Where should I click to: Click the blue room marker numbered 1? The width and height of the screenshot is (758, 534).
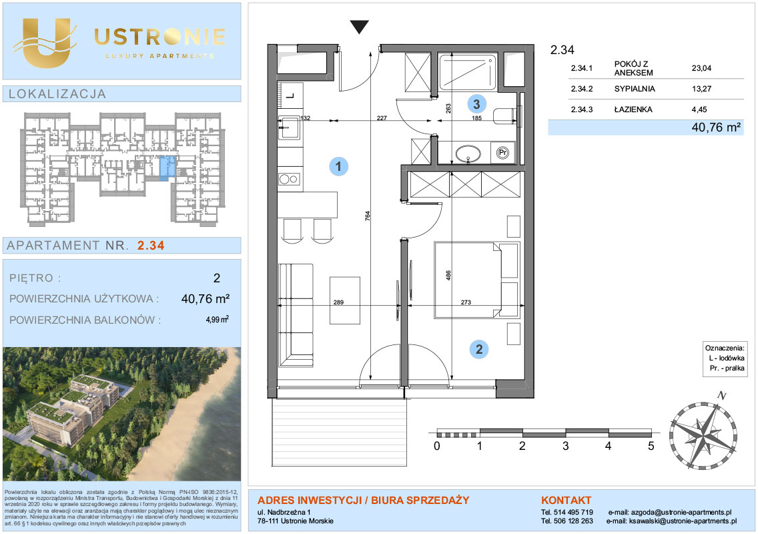pos(338,166)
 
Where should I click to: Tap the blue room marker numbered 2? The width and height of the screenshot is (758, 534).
pos(479,349)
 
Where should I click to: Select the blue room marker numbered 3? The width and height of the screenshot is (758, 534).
pos(476,103)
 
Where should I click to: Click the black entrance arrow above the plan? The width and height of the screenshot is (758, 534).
pos(359,27)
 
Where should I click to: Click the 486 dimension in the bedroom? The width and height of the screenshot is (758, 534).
pos(448,275)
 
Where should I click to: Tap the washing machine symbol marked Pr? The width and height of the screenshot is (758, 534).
pos(502,153)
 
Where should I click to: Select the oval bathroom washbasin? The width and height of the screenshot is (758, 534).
pos(468,154)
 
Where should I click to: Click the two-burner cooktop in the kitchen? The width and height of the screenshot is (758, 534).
pos(290,180)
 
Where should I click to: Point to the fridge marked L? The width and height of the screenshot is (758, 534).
pos(290,95)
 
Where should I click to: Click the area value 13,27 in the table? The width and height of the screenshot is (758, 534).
pos(701,89)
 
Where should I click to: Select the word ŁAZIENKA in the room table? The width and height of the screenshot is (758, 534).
pos(633,109)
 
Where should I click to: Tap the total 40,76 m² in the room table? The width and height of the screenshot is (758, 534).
pos(717,127)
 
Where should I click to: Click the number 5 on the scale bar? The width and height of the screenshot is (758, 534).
pos(651,445)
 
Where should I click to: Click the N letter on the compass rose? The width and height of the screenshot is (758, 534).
pos(722,395)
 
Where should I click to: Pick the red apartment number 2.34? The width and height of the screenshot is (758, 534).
pos(151,245)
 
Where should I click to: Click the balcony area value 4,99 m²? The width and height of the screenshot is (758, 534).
pos(217,319)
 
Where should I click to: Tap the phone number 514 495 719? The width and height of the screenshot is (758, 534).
pos(573,512)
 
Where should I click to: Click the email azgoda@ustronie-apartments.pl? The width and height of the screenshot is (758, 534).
pos(681,512)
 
